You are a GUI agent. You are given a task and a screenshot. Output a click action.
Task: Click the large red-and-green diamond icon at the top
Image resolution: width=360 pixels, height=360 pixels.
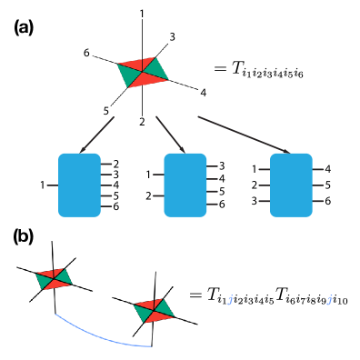[x=143, y=73]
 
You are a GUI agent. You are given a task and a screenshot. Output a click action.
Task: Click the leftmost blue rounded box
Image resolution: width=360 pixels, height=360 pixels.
[x=79, y=185]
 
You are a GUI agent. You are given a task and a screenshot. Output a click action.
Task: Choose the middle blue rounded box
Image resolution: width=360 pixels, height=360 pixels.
[x=185, y=185]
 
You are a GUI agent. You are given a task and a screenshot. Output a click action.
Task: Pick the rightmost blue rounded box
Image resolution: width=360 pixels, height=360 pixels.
[x=291, y=185]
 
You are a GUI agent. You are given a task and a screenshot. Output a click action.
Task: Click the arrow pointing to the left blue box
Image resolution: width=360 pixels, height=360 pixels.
[x=97, y=135]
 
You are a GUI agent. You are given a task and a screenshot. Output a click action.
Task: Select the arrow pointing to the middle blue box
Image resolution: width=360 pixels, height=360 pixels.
[x=170, y=134]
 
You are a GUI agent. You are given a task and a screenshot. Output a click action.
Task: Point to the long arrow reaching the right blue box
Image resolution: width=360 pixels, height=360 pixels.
[x=244, y=135]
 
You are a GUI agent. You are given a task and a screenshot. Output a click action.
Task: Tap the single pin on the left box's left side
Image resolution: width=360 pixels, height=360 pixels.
[x=52, y=185]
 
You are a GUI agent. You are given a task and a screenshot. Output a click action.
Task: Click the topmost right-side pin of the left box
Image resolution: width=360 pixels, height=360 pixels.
[x=106, y=164]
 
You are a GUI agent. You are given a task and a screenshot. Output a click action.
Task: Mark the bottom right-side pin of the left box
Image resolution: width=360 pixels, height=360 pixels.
[x=106, y=206]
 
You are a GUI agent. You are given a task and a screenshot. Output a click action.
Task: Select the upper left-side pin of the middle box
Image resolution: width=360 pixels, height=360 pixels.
[x=158, y=174]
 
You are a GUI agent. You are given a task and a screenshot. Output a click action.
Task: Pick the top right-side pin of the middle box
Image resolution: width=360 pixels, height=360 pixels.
[x=213, y=166]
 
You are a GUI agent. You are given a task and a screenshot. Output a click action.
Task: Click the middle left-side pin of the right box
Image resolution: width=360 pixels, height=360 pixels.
[x=264, y=185]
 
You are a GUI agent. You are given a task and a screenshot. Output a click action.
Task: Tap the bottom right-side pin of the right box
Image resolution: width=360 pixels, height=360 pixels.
[x=318, y=201]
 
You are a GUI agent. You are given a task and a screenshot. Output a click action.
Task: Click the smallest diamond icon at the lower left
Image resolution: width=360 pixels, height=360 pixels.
[x=54, y=279]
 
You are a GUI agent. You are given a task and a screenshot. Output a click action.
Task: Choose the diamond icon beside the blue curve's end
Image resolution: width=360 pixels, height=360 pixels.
[x=154, y=311]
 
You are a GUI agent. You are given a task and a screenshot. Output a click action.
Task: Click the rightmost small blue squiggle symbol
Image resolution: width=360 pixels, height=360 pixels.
[x=329, y=300]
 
